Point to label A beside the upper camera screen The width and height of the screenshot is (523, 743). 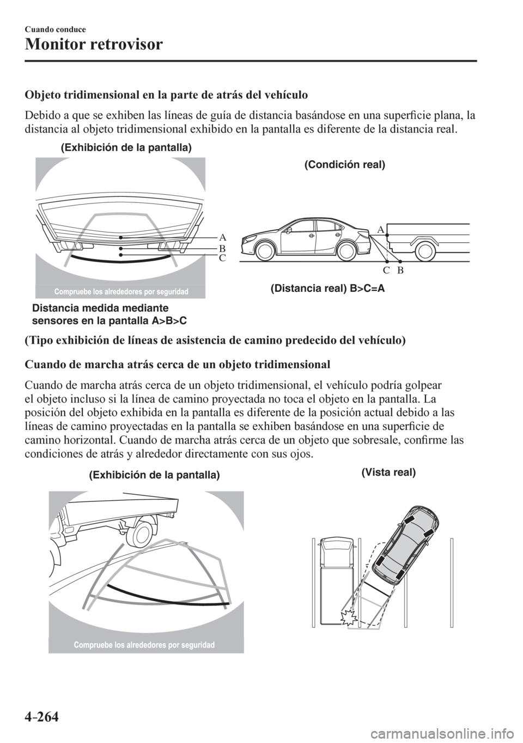tap(222, 238)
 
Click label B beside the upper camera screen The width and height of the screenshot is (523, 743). tap(222, 248)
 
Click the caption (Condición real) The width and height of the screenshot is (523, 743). tap(344, 165)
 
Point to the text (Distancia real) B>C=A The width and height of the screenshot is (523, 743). tap(327, 289)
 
